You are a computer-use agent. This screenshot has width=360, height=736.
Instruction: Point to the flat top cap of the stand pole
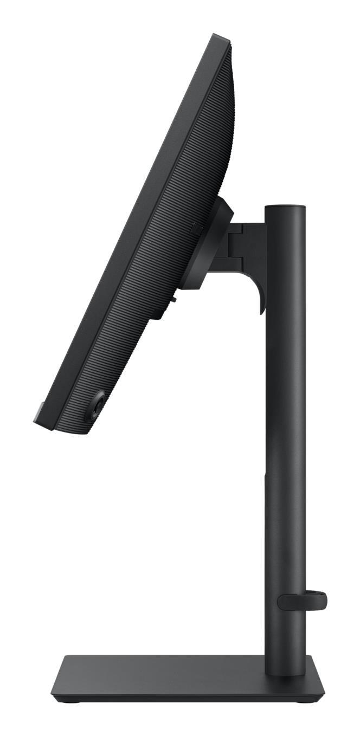pos(285,206)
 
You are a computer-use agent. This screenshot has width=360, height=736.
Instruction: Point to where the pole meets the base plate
pos(285,672)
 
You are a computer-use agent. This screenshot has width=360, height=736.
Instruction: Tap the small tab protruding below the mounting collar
pos(175,296)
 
